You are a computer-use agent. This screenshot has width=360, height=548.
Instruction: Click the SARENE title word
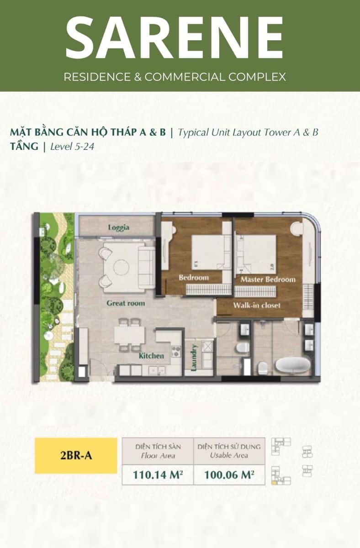(175, 37)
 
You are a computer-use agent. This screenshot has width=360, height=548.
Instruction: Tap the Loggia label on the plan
(119, 227)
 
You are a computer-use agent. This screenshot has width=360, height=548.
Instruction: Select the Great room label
(126, 303)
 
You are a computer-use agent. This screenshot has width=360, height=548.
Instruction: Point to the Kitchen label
(151, 356)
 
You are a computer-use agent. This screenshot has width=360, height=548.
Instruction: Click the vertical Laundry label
(194, 358)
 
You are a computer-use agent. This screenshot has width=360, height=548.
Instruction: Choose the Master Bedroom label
(268, 279)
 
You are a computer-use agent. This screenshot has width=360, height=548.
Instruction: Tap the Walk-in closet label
(257, 306)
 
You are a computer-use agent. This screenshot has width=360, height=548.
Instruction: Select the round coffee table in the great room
(122, 267)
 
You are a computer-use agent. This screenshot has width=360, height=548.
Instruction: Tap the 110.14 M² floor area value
(158, 475)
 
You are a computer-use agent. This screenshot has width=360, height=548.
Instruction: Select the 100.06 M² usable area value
(229, 475)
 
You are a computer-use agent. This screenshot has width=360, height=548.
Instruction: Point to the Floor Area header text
(158, 456)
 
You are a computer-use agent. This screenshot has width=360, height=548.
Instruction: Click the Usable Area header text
(229, 456)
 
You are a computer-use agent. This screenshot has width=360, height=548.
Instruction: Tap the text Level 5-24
(72, 147)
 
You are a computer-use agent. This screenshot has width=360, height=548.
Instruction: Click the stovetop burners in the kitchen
(176, 351)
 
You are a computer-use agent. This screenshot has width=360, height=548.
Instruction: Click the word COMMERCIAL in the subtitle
(185, 77)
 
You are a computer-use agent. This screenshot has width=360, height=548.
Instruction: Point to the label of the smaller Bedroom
(194, 278)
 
